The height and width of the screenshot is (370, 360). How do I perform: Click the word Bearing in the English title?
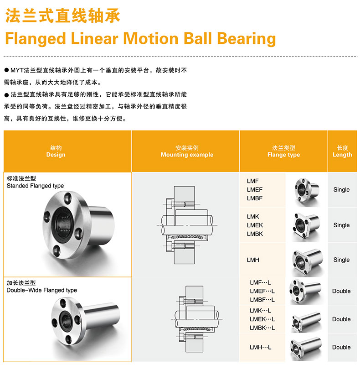coord(246,39)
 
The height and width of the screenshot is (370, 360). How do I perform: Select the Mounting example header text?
coord(187,155)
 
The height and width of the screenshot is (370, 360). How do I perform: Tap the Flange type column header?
coord(283,155)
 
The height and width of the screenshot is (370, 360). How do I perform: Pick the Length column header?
coord(342,155)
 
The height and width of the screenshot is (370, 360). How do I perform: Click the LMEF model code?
coord(255,189)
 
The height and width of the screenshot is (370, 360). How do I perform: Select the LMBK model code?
coord(255,234)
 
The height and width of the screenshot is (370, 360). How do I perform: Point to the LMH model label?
coord(253,260)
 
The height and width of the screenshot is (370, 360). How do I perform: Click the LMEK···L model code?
coord(262,319)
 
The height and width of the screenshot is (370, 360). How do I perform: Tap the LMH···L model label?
coord(261,347)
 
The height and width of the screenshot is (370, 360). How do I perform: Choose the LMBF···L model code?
coord(262,300)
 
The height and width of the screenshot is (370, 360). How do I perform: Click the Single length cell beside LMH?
coord(341,260)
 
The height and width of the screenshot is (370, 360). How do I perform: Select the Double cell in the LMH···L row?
coord(341,347)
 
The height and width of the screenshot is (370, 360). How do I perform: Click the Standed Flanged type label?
coord(35,186)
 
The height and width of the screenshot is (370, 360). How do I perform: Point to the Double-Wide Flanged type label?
coord(42,290)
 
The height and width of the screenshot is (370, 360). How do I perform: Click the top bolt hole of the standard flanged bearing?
coord(68,198)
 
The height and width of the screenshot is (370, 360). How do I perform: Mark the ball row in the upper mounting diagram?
coord(187,237)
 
